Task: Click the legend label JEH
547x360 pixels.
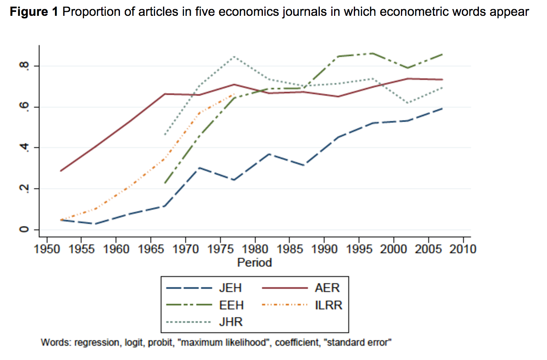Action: click(230, 288)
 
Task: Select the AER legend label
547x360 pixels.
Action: click(327, 288)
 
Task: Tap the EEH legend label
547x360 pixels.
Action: click(231, 305)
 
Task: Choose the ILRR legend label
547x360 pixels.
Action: click(329, 305)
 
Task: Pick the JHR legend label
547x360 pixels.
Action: click(231, 322)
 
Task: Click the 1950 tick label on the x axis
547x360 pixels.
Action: click(47, 249)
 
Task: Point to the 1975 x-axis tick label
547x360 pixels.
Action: click(220, 249)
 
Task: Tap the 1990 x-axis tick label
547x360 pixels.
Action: click(324, 249)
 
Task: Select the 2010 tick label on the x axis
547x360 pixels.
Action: click(463, 249)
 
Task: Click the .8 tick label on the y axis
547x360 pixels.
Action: click(25, 66)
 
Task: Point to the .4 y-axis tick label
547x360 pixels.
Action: click(25, 148)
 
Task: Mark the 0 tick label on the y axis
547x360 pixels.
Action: click(25, 229)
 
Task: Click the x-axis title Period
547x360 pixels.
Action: click(255, 263)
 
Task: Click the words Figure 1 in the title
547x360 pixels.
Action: click(34, 12)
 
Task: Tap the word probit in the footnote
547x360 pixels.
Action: click(160, 343)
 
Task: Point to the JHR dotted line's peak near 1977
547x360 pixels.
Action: click(234, 57)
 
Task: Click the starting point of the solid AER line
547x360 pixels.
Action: click(61, 171)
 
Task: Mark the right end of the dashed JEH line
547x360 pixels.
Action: click(442, 108)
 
